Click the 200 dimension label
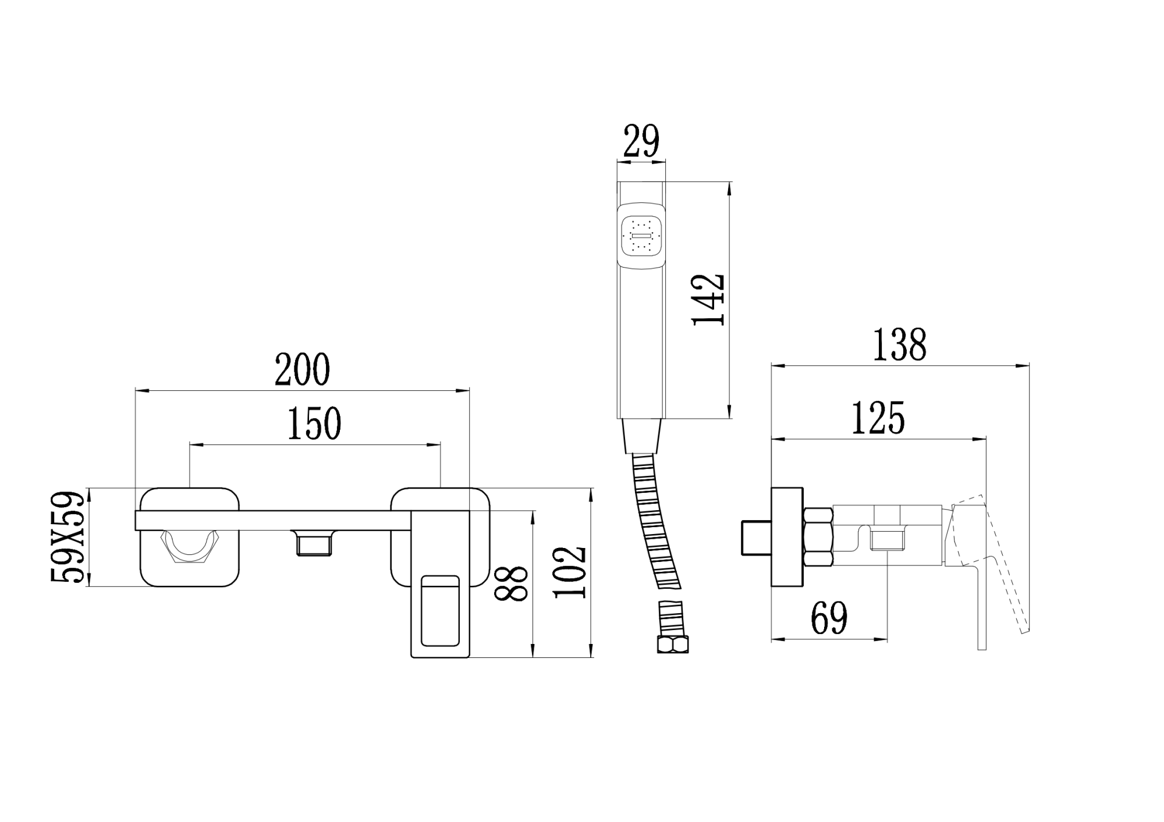click(302, 369)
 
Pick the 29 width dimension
click(641, 141)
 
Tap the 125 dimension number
click(878, 418)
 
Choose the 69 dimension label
click(829, 618)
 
